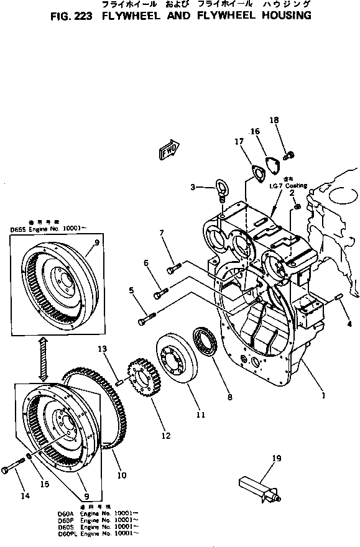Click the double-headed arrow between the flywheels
tap(41, 361)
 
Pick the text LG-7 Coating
tap(288, 185)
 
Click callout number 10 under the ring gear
tap(122, 476)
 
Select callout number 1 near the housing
tap(322, 394)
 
